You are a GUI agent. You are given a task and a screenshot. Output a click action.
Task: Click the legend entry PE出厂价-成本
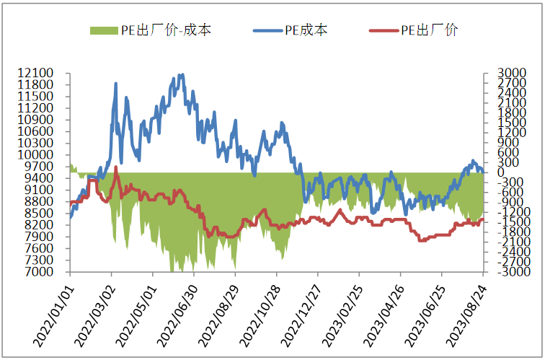[163, 30]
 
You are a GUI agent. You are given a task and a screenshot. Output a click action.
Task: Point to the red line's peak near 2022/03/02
[116, 167]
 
